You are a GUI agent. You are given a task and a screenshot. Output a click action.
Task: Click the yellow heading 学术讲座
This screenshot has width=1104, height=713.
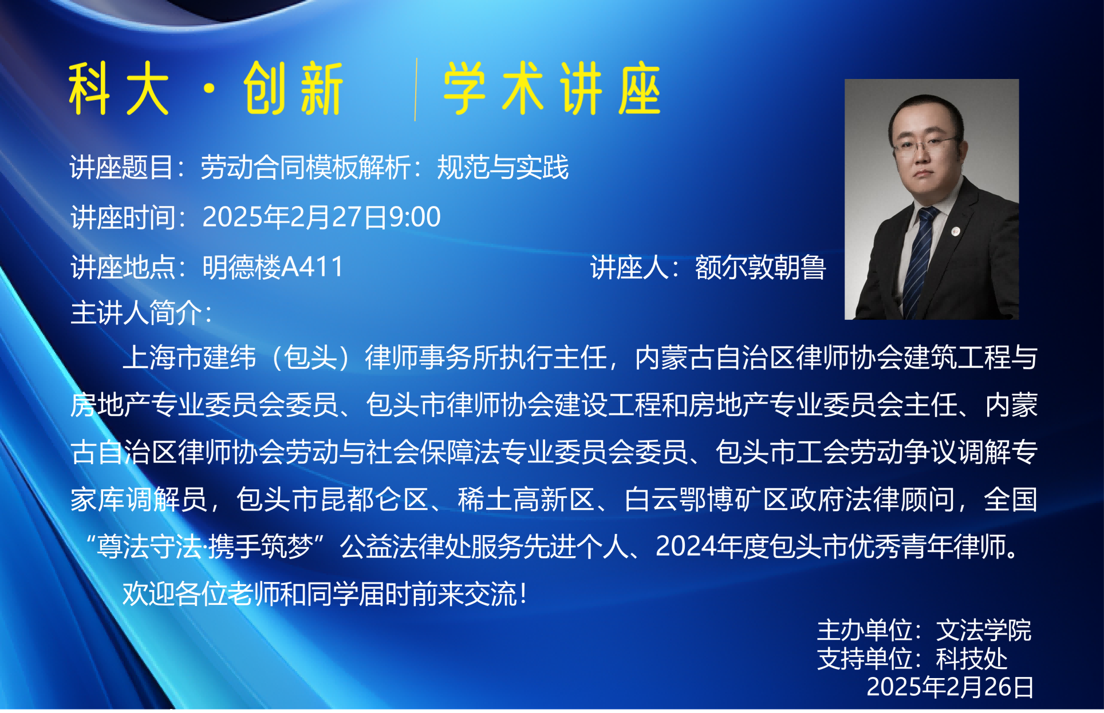pos(552,89)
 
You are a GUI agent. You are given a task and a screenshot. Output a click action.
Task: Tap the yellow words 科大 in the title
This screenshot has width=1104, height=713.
pos(119,89)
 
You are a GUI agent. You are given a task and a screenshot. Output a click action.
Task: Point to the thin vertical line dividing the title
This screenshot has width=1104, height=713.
pos(416,89)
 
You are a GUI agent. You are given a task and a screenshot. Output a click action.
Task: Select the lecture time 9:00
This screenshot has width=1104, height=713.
pos(415,217)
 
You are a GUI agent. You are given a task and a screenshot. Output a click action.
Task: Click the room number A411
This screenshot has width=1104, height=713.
pos(313,267)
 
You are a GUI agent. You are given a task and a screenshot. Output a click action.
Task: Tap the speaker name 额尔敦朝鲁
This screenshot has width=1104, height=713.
pos(760,267)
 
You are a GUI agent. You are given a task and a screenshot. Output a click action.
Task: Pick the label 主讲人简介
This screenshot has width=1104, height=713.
pos(136,313)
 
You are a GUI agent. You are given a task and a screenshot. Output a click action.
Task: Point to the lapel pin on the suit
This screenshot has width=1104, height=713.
pos(955,231)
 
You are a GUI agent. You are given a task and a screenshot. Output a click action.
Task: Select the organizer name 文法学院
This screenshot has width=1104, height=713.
pos(983,631)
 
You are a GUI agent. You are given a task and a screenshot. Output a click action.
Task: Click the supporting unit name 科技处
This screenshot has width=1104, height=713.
pos(971,659)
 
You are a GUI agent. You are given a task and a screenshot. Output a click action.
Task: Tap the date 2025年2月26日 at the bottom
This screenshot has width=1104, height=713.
pos(950,687)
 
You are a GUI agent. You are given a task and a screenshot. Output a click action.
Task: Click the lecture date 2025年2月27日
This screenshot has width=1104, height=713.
pos(295,217)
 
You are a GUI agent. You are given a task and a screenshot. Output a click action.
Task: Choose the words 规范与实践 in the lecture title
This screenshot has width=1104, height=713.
pos(503,168)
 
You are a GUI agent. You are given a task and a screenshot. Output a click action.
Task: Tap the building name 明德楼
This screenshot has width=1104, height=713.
pos(242,267)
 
